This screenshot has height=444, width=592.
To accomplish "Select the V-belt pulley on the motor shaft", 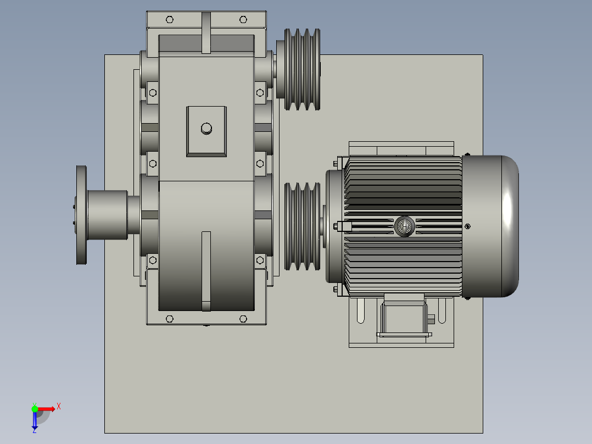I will [x=301, y=226].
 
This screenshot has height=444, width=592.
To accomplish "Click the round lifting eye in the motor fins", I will [x=404, y=226].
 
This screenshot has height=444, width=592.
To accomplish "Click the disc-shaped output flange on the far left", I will [x=81, y=215].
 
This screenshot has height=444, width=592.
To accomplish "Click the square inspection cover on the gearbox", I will [x=206, y=131].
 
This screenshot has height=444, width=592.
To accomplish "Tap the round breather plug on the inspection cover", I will [x=206, y=129].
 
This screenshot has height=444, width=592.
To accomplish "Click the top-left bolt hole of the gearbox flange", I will [x=169, y=20].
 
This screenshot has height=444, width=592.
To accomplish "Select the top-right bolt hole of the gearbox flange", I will [x=243, y=20].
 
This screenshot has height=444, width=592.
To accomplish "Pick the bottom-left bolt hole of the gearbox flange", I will [x=169, y=319].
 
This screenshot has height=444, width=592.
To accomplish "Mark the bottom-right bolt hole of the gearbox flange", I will [x=243, y=319].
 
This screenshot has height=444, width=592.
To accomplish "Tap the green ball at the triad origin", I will [x=35, y=408].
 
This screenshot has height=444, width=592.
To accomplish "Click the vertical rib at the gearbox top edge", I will [x=206, y=33].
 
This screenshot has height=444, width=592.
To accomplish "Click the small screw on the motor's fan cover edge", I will [x=467, y=226].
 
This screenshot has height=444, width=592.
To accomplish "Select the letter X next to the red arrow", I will [x=58, y=407].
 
